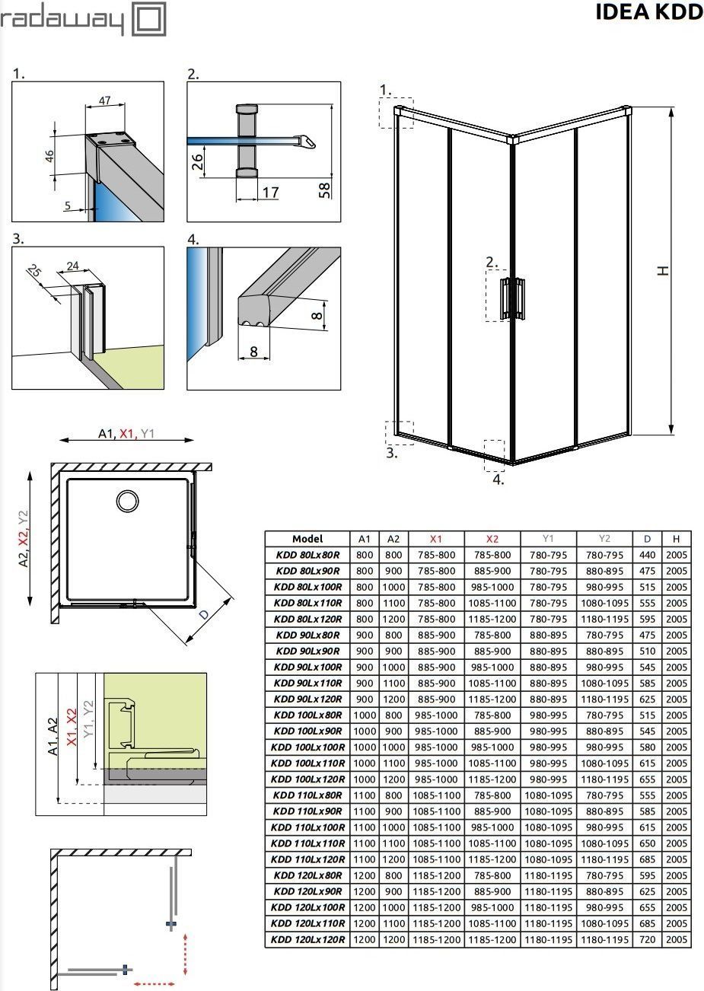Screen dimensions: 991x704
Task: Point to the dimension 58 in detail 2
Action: pos(324,188)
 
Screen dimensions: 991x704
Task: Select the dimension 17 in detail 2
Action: pos(269,192)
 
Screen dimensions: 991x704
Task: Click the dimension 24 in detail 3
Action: pos(72,266)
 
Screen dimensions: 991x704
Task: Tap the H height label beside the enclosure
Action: pos(664,270)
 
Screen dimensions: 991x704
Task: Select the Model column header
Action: pos(307,539)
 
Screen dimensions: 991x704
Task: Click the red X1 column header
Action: pos(435,539)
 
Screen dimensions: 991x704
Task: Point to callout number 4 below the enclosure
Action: pos(497,480)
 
